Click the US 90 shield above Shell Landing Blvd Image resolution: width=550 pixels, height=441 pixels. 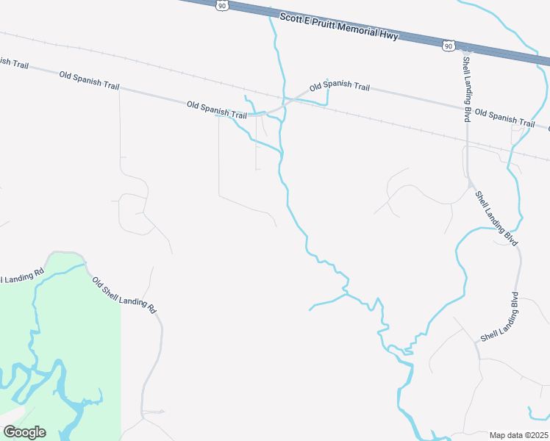449,46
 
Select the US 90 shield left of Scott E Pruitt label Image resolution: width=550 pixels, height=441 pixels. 223,6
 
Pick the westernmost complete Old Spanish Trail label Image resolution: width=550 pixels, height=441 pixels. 89,81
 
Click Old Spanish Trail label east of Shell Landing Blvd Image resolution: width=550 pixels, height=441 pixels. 505,118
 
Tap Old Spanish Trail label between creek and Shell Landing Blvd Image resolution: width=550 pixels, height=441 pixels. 340,87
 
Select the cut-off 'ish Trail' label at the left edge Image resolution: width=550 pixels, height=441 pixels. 14,63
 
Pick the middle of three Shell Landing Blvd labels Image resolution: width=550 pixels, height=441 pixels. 496,218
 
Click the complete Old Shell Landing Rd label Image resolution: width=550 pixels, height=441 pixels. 124,295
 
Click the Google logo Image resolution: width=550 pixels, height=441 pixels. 24,432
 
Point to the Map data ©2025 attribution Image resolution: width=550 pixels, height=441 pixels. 518,435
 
